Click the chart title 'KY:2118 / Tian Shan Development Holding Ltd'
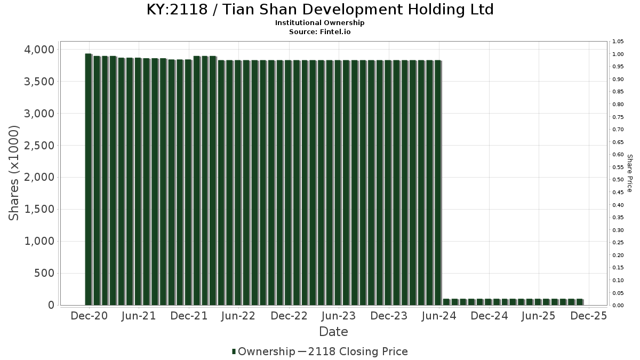[320, 10]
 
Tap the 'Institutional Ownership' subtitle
[320, 23]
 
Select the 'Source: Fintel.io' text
[320, 31]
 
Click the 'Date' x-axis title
[333, 332]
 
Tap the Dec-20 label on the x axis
[89, 316]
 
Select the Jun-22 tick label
[238, 316]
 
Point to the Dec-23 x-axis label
[389, 316]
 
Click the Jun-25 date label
[538, 316]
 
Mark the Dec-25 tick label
[588, 316]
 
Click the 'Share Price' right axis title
[629, 173]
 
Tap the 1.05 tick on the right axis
[618, 42]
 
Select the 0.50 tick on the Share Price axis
[618, 180]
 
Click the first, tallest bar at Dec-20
[88, 179]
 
